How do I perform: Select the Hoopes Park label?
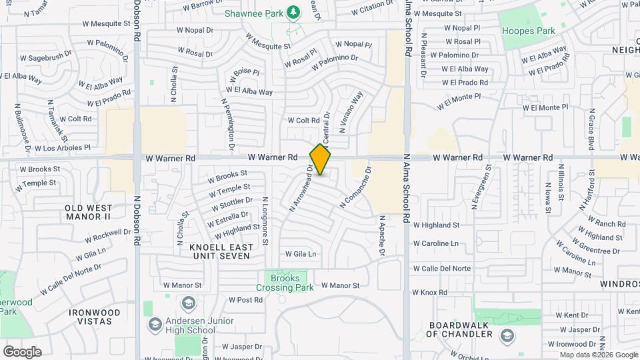coord(528,31)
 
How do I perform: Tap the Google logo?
coord(22,351)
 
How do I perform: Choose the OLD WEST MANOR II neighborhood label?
coord(88,213)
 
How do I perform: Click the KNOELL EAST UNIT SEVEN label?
coord(221,251)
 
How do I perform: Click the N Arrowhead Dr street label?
coord(301,188)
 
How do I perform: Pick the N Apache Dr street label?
coord(382,235)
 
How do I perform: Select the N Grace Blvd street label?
coord(591,129)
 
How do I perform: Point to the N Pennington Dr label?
coord(227,123)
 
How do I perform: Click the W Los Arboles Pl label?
coord(61,147)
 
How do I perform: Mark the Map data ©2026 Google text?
coord(598,355)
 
